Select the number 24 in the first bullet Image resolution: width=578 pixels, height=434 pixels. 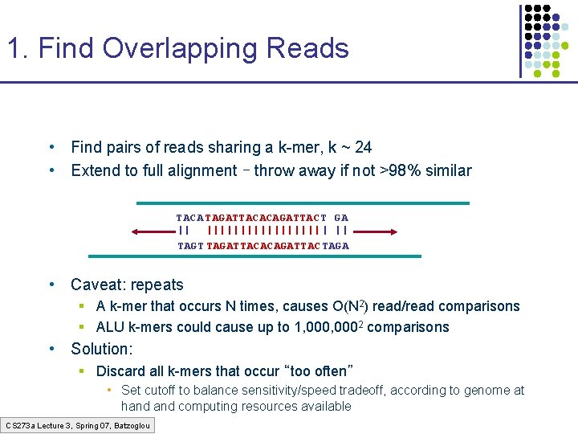click(x=363, y=147)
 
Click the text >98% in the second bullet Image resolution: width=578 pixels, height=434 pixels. click(x=401, y=170)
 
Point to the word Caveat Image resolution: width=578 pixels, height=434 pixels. click(x=96, y=285)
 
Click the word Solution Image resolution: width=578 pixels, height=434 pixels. click(x=100, y=349)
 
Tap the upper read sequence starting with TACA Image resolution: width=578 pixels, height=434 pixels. click(x=262, y=218)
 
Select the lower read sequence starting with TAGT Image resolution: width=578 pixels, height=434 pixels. click(x=263, y=246)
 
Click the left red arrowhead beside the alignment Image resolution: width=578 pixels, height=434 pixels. click(x=136, y=232)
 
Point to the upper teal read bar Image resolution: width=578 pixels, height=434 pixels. click(x=303, y=203)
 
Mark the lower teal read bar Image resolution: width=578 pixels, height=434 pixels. click(x=254, y=256)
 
